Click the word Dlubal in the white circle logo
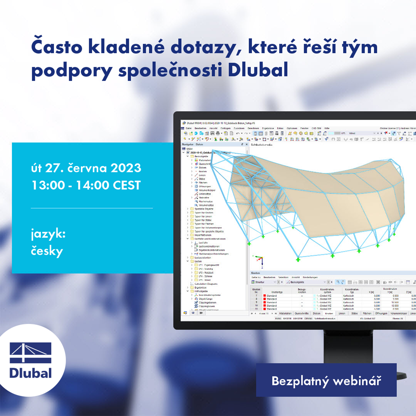30,373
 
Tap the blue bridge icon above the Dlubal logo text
30,352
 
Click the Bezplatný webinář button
326,380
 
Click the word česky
47,251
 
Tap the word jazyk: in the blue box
48,234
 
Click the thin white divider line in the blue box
92,208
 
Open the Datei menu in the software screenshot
188,128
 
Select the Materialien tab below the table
285,314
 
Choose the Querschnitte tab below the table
302,314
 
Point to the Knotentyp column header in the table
276,292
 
